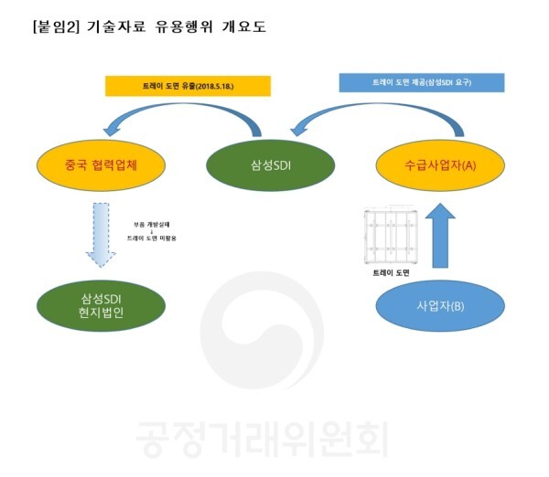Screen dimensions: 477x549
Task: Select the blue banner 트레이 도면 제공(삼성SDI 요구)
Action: (422, 82)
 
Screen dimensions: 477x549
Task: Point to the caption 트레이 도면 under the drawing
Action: (388, 273)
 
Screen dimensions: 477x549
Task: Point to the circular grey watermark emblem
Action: (264, 334)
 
